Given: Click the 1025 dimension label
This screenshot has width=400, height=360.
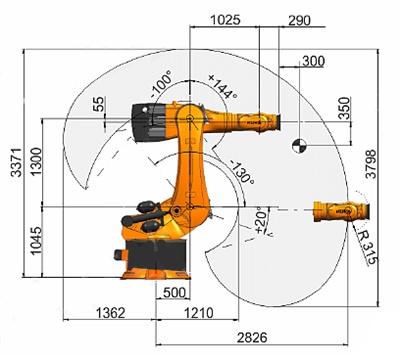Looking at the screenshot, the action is (x=225, y=20).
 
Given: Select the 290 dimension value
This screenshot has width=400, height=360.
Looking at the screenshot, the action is (x=299, y=20).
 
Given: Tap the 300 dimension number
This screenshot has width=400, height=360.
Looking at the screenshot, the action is (x=313, y=61).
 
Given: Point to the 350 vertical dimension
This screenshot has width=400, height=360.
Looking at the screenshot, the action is (x=345, y=108).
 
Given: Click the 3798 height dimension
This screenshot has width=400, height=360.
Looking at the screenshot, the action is (x=371, y=164).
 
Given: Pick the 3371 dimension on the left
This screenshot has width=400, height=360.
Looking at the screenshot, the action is (x=17, y=162).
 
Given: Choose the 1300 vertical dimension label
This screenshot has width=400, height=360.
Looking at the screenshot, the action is (x=36, y=161).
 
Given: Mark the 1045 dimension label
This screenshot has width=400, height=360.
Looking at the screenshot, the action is (x=36, y=240).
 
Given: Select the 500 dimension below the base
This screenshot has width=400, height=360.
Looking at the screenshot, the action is (x=174, y=292).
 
